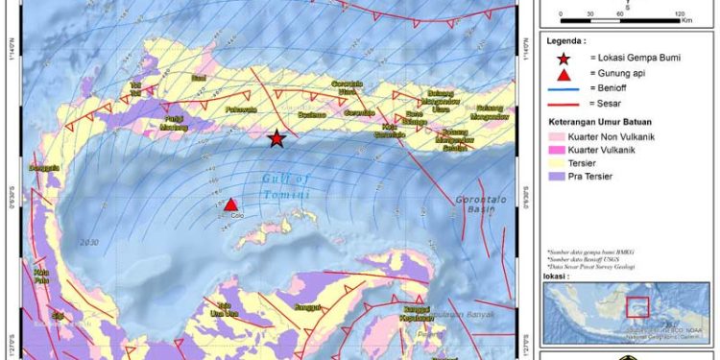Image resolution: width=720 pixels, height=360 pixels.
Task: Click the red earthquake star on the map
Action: tap(276, 139)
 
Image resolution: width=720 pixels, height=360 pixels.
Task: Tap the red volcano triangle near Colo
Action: tap(231, 204)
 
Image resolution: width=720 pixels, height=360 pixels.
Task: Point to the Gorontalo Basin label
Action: tap(476, 200)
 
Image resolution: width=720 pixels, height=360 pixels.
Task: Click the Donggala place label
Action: tap(45, 167)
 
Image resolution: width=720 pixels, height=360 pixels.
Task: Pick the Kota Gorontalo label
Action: tap(390, 130)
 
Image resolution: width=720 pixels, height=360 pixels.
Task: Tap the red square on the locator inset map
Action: tap(637, 307)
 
